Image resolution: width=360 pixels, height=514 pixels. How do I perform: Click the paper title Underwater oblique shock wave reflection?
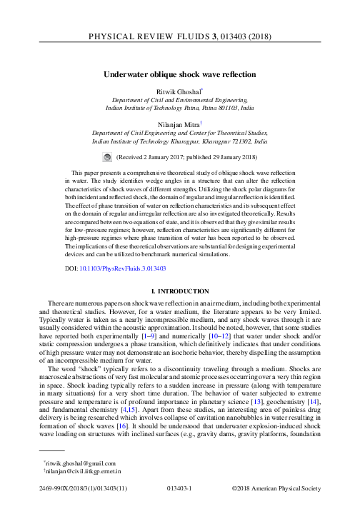tap(180, 74)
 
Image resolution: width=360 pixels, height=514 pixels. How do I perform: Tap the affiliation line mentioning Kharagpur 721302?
tap(179, 141)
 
